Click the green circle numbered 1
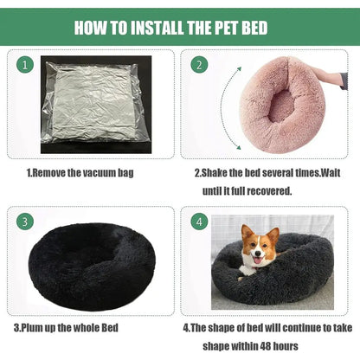point(25,65)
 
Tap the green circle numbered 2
point(199,65)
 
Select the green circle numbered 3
point(25,222)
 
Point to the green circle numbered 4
point(199,222)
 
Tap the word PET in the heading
point(225,28)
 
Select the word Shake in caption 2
point(214,173)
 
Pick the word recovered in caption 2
point(269,191)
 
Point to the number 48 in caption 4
point(266,346)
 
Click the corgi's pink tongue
point(258,261)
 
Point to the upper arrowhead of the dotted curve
point(239,69)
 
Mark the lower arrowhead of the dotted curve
point(238,147)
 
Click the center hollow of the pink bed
point(280,106)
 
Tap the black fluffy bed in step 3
point(92,265)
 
